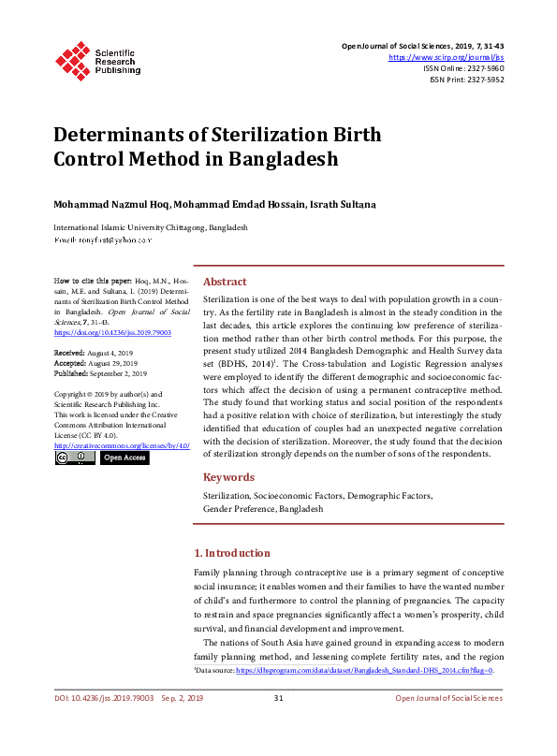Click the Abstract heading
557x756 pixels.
(225, 282)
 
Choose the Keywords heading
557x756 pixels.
(228, 476)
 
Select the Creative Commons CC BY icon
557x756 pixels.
(74, 458)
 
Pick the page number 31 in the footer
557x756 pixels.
(278, 698)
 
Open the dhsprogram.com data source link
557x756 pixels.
(364, 671)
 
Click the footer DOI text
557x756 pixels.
(92, 698)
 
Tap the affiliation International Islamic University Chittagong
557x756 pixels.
(150, 227)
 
